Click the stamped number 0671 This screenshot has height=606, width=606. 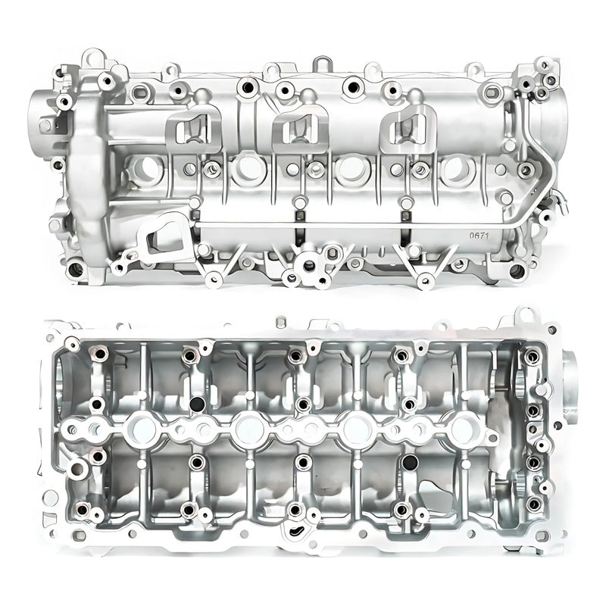[479, 236]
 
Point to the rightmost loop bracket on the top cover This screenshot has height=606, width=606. [409, 125]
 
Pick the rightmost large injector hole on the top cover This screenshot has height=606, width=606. [457, 170]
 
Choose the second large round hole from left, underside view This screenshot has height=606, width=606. [248, 430]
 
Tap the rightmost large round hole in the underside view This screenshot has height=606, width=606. [462, 430]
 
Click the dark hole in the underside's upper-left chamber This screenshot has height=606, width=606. [196, 404]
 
